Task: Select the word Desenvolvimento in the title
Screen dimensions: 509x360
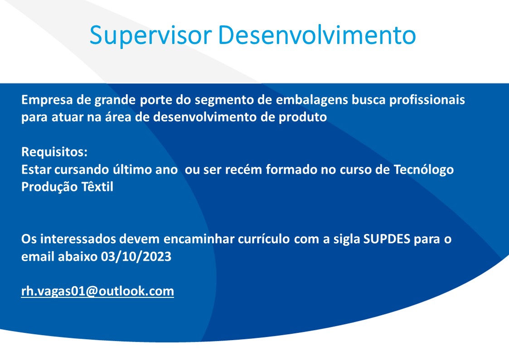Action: point(317,34)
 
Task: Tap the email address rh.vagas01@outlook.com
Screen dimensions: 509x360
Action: point(97,291)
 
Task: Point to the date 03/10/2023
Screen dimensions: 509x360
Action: point(136,257)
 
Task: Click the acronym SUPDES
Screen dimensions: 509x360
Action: point(387,239)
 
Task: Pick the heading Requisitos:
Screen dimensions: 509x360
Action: point(54,152)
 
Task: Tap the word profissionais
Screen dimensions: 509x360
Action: point(427,100)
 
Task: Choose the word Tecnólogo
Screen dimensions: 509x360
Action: point(423,170)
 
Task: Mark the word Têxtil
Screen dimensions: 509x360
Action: point(97,187)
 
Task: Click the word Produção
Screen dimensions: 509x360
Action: point(49,187)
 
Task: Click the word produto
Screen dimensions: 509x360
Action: point(302,117)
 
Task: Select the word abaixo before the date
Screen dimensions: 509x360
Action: point(78,257)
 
